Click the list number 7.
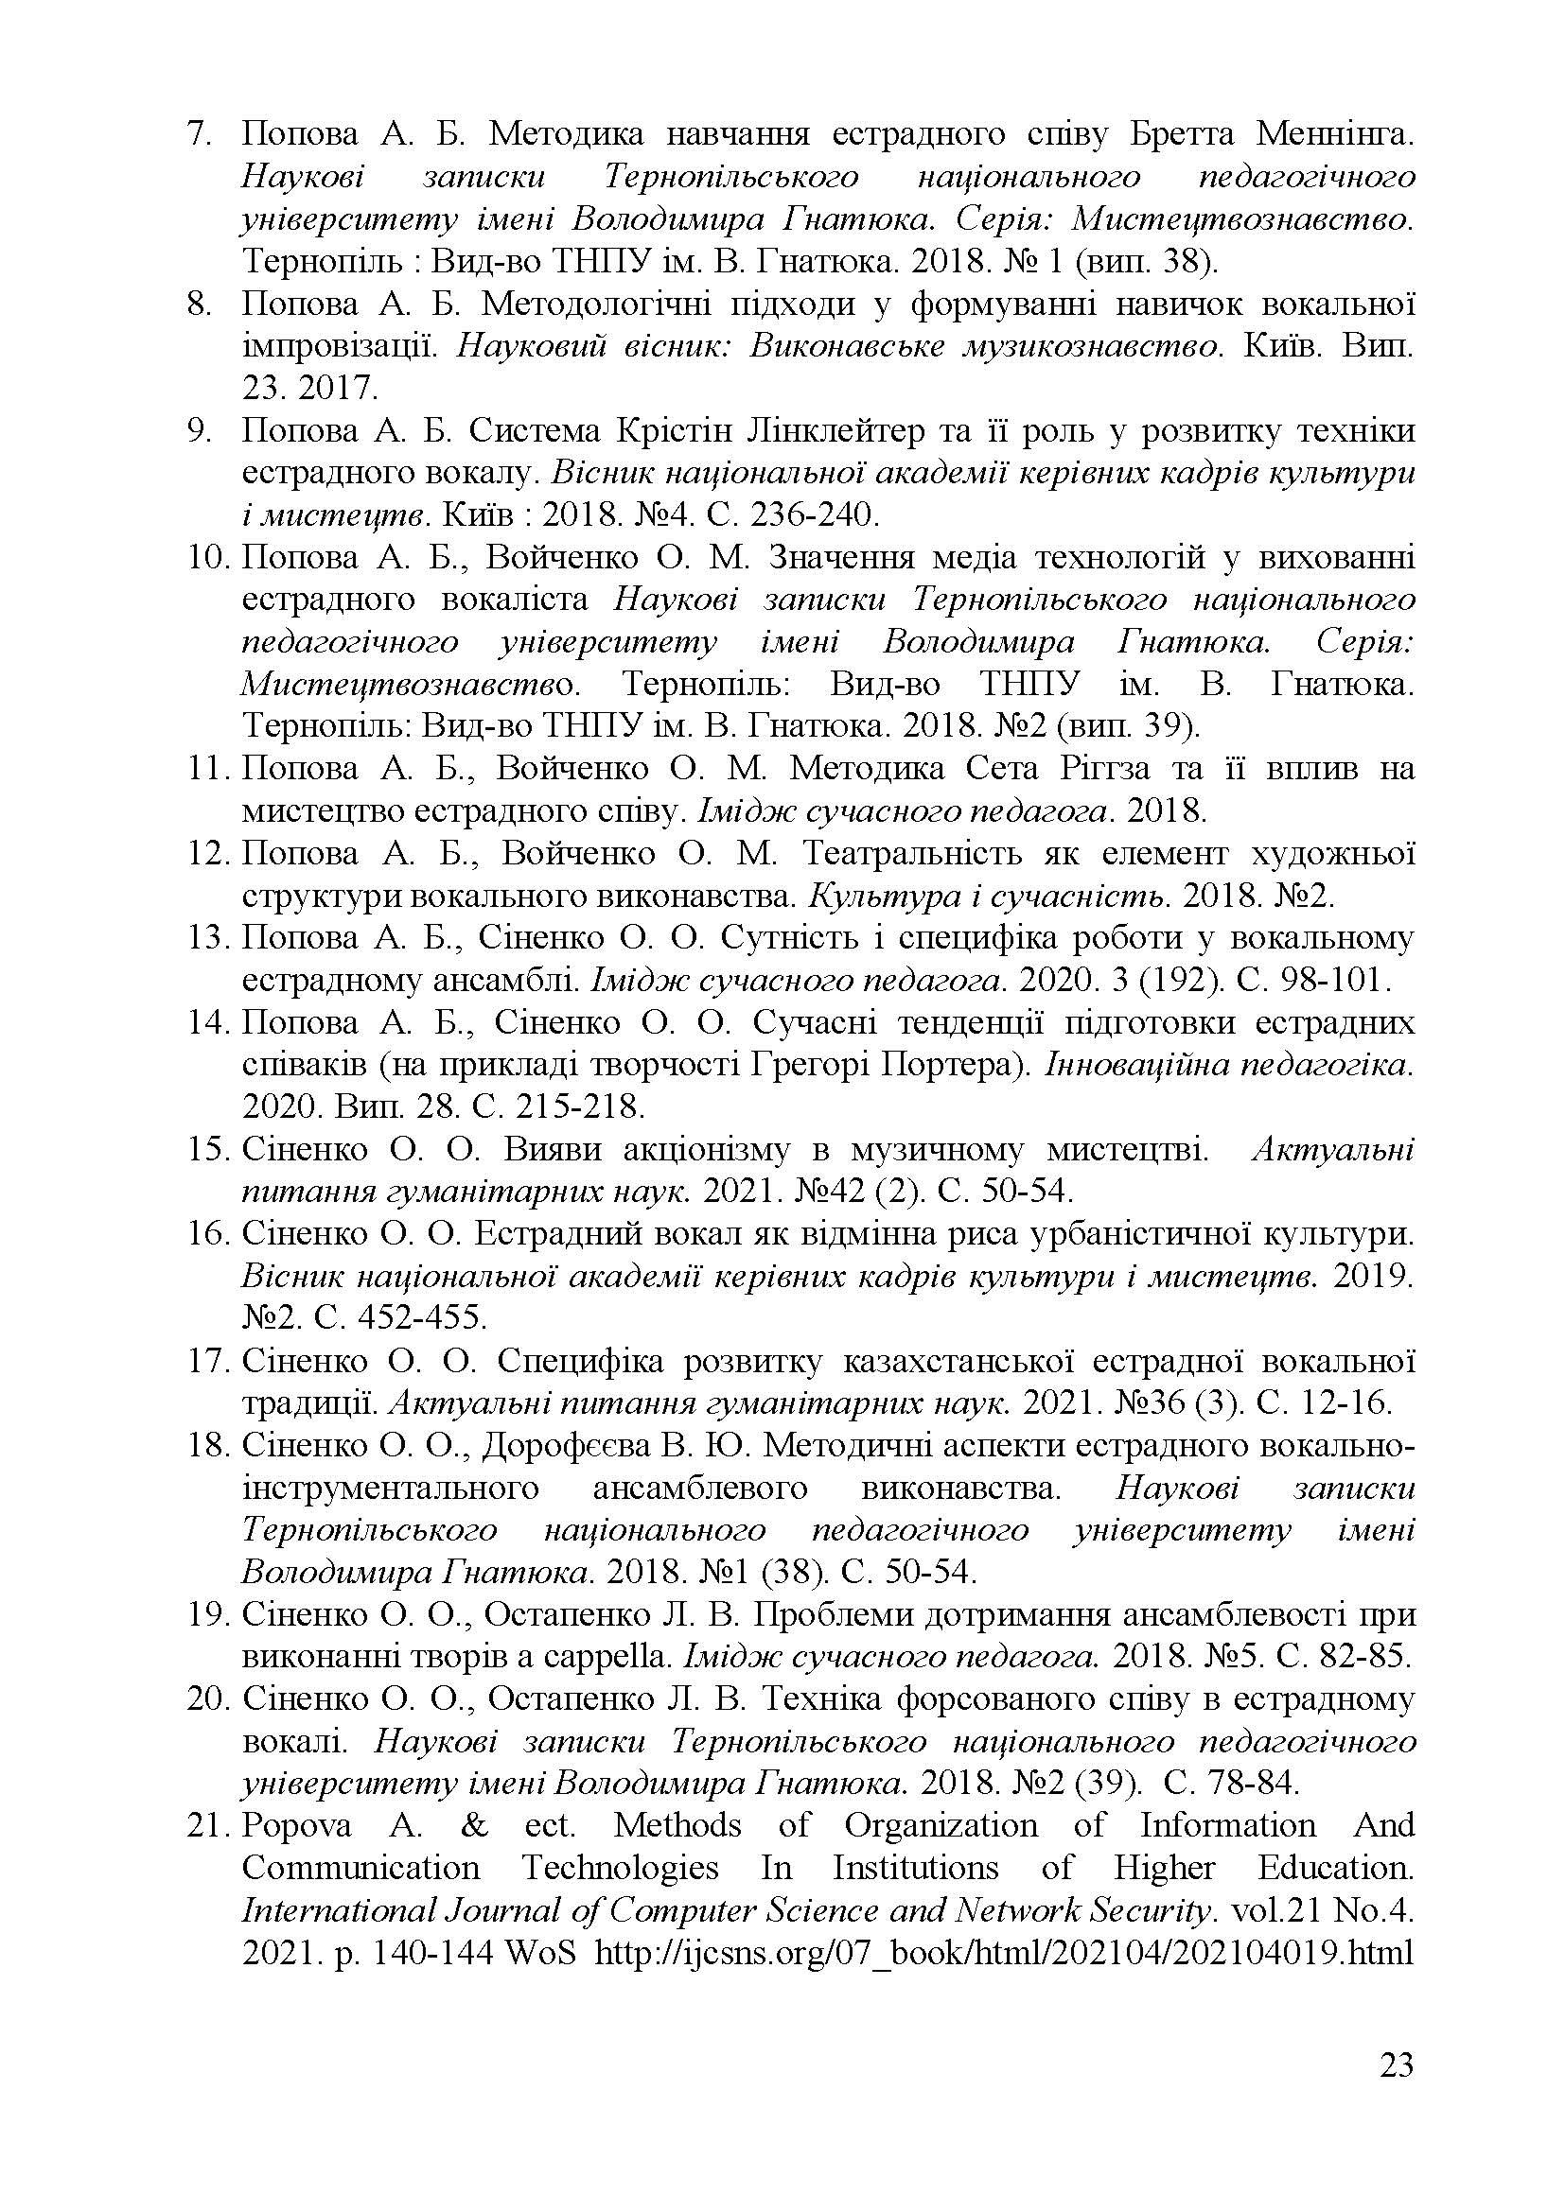[x=199, y=134]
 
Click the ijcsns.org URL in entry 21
[x=1004, y=1954]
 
